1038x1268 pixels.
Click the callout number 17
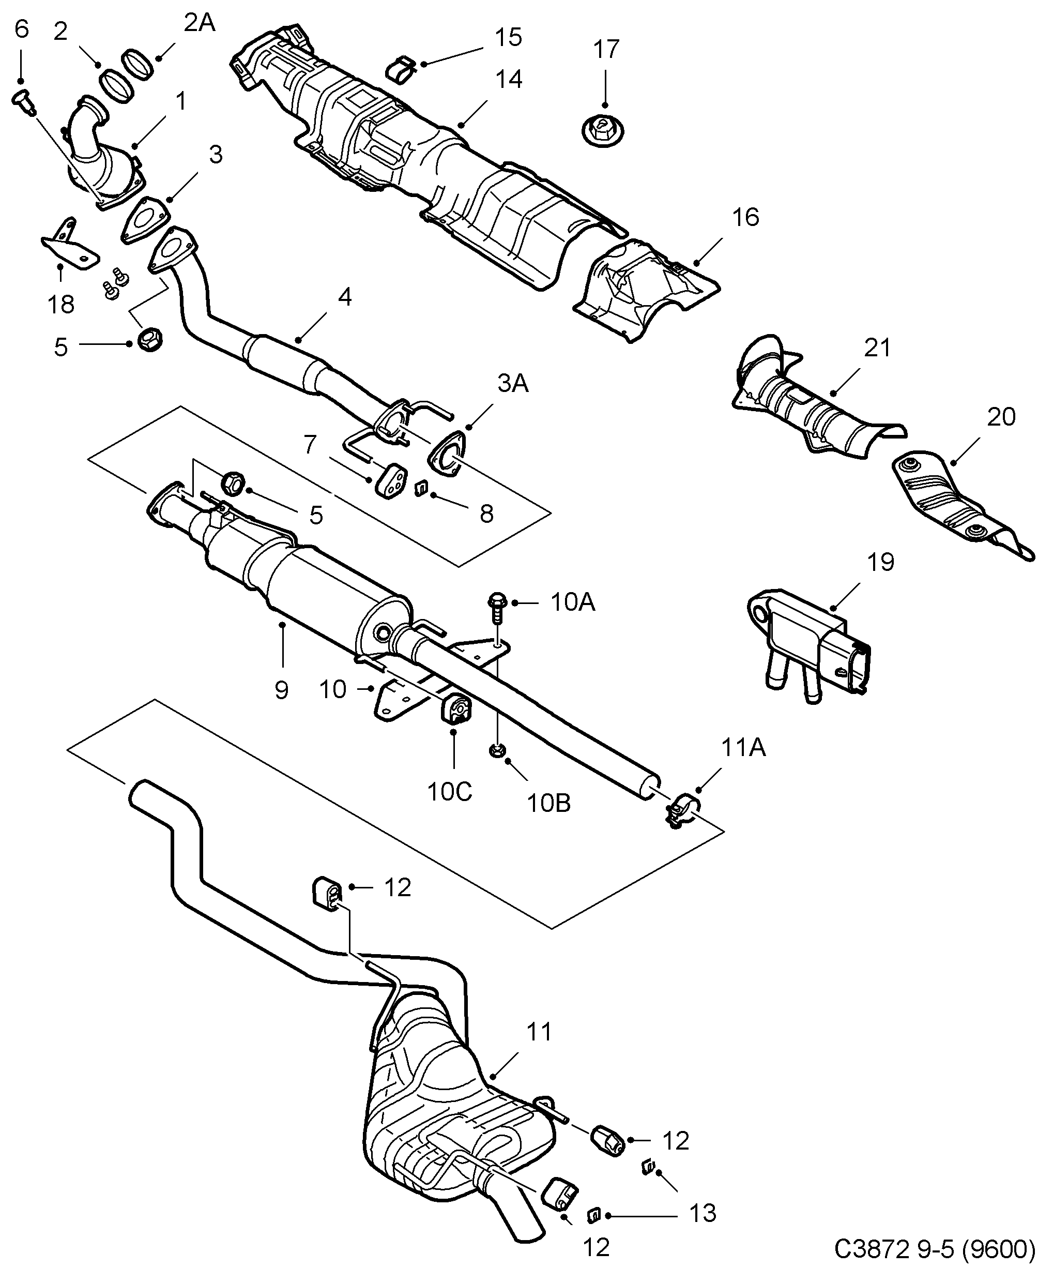click(x=606, y=49)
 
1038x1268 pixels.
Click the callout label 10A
click(x=573, y=603)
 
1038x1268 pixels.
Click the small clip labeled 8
click(x=421, y=489)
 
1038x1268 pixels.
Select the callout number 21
click(x=877, y=348)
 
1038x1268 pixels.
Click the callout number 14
click(x=509, y=80)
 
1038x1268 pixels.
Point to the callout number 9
click(x=281, y=690)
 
